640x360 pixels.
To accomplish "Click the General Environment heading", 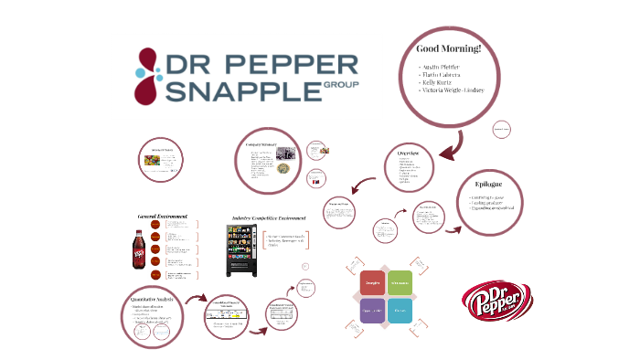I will point(162,217).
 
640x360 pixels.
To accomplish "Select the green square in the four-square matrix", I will point(399,284).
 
